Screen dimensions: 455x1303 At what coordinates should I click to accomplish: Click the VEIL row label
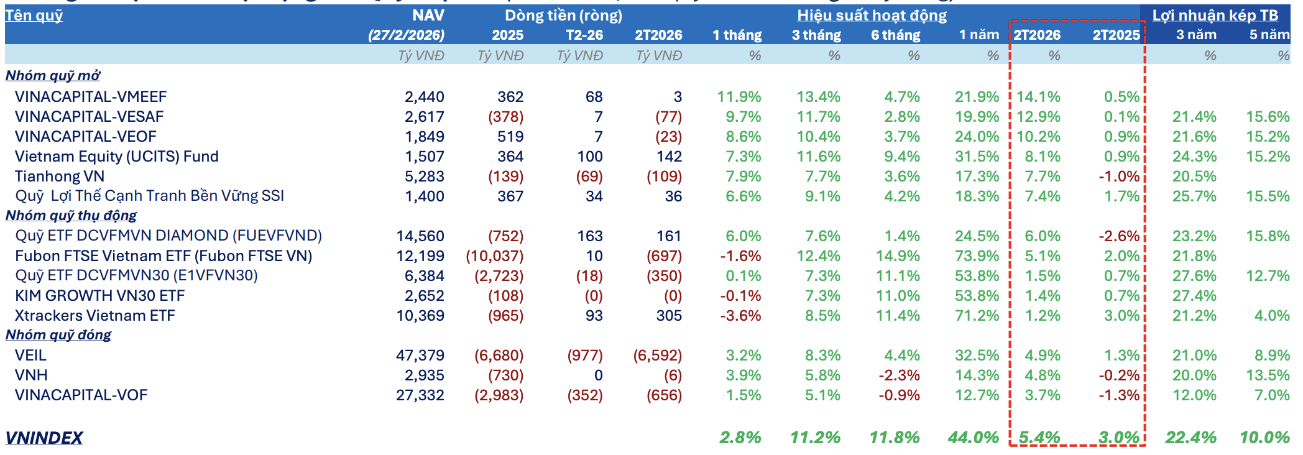(31, 355)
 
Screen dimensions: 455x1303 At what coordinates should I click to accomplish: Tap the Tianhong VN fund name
(60, 176)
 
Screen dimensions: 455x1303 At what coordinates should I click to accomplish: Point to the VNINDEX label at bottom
(44, 438)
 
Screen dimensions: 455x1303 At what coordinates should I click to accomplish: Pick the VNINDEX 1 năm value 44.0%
(973, 438)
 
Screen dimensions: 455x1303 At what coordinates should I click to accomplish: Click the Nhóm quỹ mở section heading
(53, 75)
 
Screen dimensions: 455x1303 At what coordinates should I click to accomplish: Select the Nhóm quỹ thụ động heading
(71, 215)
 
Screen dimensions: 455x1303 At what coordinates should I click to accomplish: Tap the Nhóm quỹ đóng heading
(58, 334)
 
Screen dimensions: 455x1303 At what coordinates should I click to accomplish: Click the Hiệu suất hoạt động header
(872, 16)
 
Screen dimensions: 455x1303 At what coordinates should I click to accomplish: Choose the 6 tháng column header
(895, 35)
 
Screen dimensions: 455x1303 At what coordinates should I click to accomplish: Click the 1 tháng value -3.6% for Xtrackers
(740, 315)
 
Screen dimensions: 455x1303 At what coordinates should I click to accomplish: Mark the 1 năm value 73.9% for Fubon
(977, 255)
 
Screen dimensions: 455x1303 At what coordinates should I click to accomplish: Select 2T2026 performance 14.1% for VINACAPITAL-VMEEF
(1038, 96)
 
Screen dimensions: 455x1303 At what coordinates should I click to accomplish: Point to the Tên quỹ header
(34, 15)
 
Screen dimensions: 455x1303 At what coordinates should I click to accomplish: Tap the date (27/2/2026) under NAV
(406, 35)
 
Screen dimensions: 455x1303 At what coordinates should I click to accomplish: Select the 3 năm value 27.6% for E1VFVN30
(1194, 275)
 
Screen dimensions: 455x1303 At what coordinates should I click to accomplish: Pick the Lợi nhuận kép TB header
(1215, 16)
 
